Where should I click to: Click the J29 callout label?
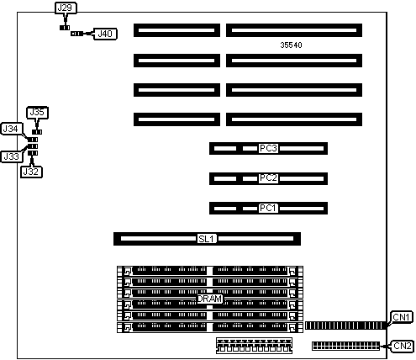[x=66, y=8]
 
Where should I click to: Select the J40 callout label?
[x=105, y=34]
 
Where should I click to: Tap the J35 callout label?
[x=37, y=113]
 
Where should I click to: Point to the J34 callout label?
[x=11, y=129]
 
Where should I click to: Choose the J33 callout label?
[x=11, y=156]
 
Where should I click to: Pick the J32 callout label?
[x=31, y=172]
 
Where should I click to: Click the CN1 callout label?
[x=402, y=317]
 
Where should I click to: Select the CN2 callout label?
[x=403, y=346]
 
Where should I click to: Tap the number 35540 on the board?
[x=291, y=45]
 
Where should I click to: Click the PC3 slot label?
[x=268, y=148]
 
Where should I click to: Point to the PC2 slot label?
[x=268, y=178]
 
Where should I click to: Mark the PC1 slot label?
[x=268, y=208]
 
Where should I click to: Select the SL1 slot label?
[x=207, y=239]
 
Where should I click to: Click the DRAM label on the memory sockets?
[x=209, y=299]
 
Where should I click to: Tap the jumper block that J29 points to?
[x=65, y=28]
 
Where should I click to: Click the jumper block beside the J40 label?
[x=76, y=34]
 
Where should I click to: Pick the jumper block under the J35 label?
[x=37, y=132]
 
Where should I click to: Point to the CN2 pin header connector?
[x=346, y=346]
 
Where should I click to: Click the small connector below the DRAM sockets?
[x=254, y=346]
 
